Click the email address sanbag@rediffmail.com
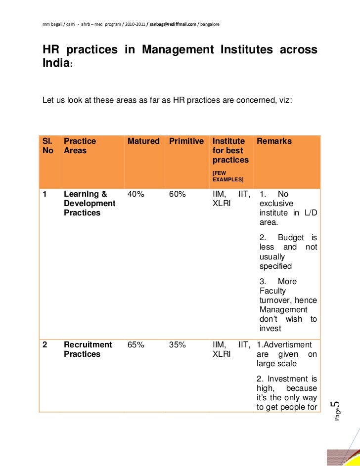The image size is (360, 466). tap(173, 24)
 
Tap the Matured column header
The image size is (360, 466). tap(143, 141)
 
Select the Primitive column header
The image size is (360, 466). tap(186, 141)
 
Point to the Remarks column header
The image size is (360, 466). tap(274, 141)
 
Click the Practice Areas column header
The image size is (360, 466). tap(80, 146)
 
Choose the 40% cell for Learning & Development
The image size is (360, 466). tap(136, 194)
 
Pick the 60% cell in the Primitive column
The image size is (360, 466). tap(178, 194)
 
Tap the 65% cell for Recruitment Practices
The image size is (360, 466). tap(136, 345)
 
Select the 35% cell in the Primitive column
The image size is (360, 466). tap(178, 345)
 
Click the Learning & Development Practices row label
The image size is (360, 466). tap(89, 203)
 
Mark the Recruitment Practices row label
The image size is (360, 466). tap(88, 349)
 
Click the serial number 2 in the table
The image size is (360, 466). tap(45, 345)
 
